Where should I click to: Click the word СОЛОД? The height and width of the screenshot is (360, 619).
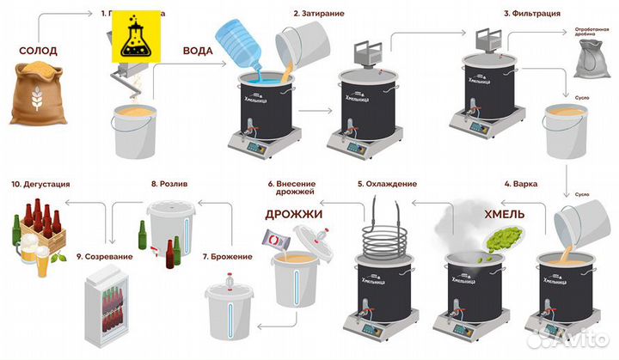(x=39, y=51)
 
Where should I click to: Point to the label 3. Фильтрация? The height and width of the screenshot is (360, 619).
(x=532, y=14)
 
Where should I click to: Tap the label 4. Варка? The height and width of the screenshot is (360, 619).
(x=522, y=184)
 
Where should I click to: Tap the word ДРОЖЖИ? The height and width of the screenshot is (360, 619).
(x=293, y=212)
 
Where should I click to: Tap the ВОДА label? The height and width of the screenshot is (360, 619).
(x=199, y=49)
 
